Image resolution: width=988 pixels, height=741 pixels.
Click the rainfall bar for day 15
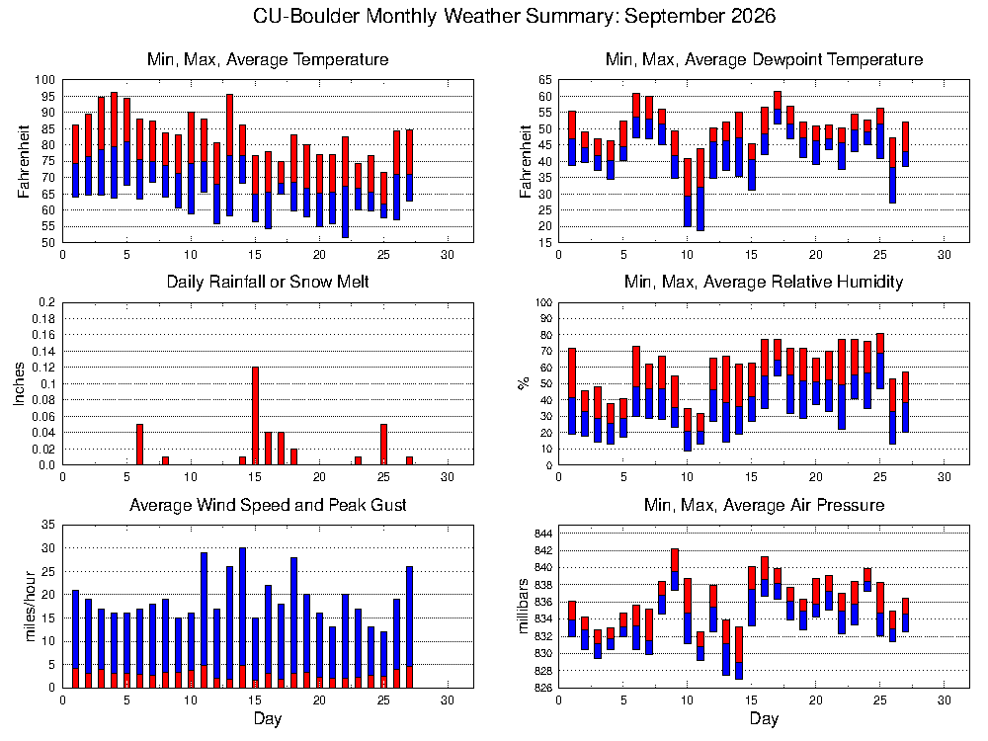click(x=255, y=416)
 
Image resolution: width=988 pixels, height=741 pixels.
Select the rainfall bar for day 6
click(x=140, y=445)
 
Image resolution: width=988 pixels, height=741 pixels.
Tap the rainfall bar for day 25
click(x=383, y=445)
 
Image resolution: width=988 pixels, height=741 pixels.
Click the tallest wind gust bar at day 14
click(x=243, y=617)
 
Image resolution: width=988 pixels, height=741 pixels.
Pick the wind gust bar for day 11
click(x=205, y=620)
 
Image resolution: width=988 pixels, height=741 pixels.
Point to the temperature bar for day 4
click(x=114, y=145)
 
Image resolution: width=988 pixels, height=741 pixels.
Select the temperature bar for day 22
click(x=345, y=187)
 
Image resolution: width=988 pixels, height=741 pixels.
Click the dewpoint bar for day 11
click(x=700, y=190)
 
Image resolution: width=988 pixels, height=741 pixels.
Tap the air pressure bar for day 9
click(x=675, y=570)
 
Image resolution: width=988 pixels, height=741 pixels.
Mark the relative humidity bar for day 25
click(x=880, y=361)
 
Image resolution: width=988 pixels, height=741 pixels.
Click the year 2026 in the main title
click(x=754, y=15)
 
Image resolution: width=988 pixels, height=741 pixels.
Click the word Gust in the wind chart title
click(x=389, y=505)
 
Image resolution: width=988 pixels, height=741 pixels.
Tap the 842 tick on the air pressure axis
click(x=543, y=550)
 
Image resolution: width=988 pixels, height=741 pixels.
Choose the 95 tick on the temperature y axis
click(x=48, y=97)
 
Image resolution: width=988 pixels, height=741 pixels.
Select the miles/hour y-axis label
click(x=30, y=607)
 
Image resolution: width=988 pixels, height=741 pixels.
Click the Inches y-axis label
click(x=19, y=383)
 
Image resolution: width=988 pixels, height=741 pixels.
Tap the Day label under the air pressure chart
click(x=764, y=718)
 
